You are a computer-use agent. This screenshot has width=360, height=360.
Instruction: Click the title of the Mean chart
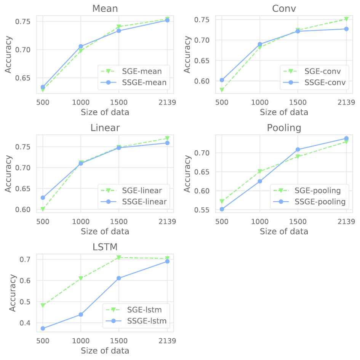(x=105, y=8)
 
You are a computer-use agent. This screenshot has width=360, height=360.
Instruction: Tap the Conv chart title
(x=284, y=8)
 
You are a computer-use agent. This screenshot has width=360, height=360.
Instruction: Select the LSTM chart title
(x=105, y=247)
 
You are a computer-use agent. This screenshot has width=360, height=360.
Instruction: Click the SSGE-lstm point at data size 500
(x=43, y=328)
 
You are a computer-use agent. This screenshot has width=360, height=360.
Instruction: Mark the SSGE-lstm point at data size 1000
(x=81, y=314)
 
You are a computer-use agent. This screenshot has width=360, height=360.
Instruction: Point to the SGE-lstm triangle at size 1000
(x=81, y=279)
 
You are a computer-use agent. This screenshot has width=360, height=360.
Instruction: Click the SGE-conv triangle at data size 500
(x=222, y=90)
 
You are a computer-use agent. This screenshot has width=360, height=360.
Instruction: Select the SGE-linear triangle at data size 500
(x=43, y=209)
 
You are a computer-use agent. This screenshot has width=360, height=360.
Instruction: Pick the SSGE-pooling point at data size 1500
(x=298, y=150)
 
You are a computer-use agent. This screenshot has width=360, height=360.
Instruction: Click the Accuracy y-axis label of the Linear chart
(x=8, y=173)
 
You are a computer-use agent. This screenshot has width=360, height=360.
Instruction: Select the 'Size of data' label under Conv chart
(x=284, y=112)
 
